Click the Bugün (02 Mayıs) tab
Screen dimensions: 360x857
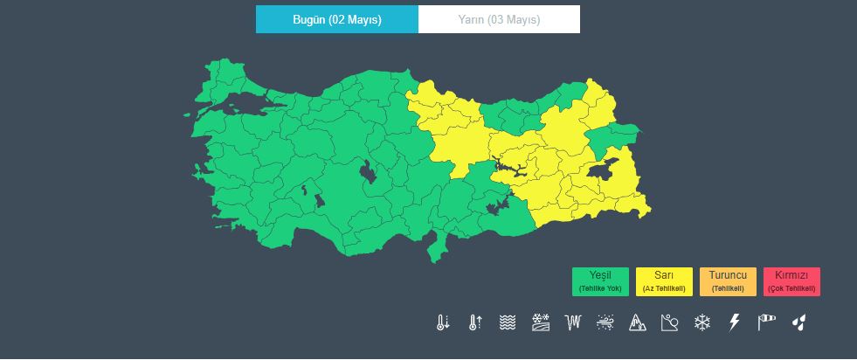pyautogui.click(x=336, y=19)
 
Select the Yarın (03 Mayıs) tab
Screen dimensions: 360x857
pyautogui.click(x=499, y=19)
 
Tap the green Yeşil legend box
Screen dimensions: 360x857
pyautogui.click(x=600, y=281)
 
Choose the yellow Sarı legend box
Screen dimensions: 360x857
pyautogui.click(x=664, y=281)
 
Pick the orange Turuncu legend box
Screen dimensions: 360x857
pyautogui.click(x=728, y=281)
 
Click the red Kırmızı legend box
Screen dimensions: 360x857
pyautogui.click(x=791, y=281)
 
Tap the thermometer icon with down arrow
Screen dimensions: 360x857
pyautogui.click(x=443, y=322)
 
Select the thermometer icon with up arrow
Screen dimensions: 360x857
pyautogui.click(x=475, y=322)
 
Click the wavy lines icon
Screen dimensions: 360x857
pyautogui.click(x=508, y=322)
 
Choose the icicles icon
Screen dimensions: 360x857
pyautogui.click(x=573, y=322)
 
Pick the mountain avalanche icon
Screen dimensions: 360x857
pyautogui.click(x=637, y=322)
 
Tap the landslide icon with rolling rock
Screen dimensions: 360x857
pyautogui.click(x=669, y=322)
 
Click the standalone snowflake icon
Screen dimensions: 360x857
pyautogui.click(x=701, y=322)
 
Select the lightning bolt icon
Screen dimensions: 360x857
pyautogui.click(x=734, y=322)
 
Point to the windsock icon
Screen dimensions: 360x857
pyautogui.click(x=766, y=322)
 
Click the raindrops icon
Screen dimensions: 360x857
pyautogui.click(x=798, y=322)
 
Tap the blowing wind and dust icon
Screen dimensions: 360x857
pyautogui.click(x=605, y=322)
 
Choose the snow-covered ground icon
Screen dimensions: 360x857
pyautogui.click(x=540, y=322)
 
